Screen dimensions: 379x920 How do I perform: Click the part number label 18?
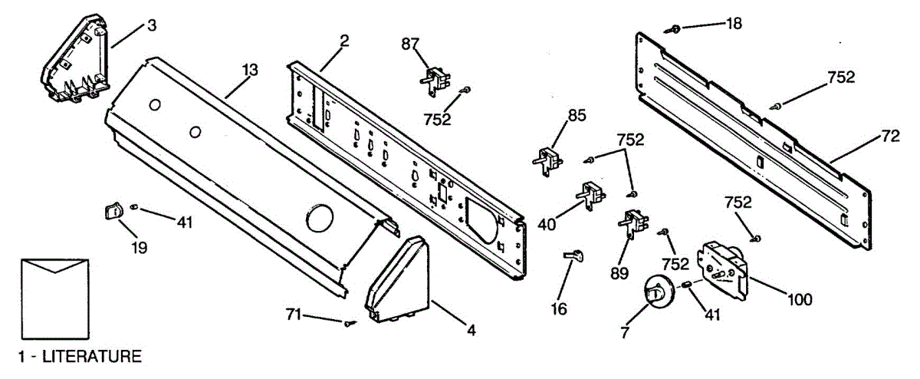pos(734,24)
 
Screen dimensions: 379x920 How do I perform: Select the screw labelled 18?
pos(675,28)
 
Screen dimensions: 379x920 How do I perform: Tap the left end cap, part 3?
pos(75,61)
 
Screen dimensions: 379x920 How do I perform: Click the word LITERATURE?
pos(91,356)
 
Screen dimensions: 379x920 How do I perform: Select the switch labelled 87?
pos(435,79)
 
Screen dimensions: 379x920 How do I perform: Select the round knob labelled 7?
pos(655,292)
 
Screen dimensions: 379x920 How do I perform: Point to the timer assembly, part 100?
pos(723,271)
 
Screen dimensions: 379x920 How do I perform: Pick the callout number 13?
pos(249,70)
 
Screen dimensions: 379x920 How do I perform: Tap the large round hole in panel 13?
pos(317,219)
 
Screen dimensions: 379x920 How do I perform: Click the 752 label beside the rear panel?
pos(841,77)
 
